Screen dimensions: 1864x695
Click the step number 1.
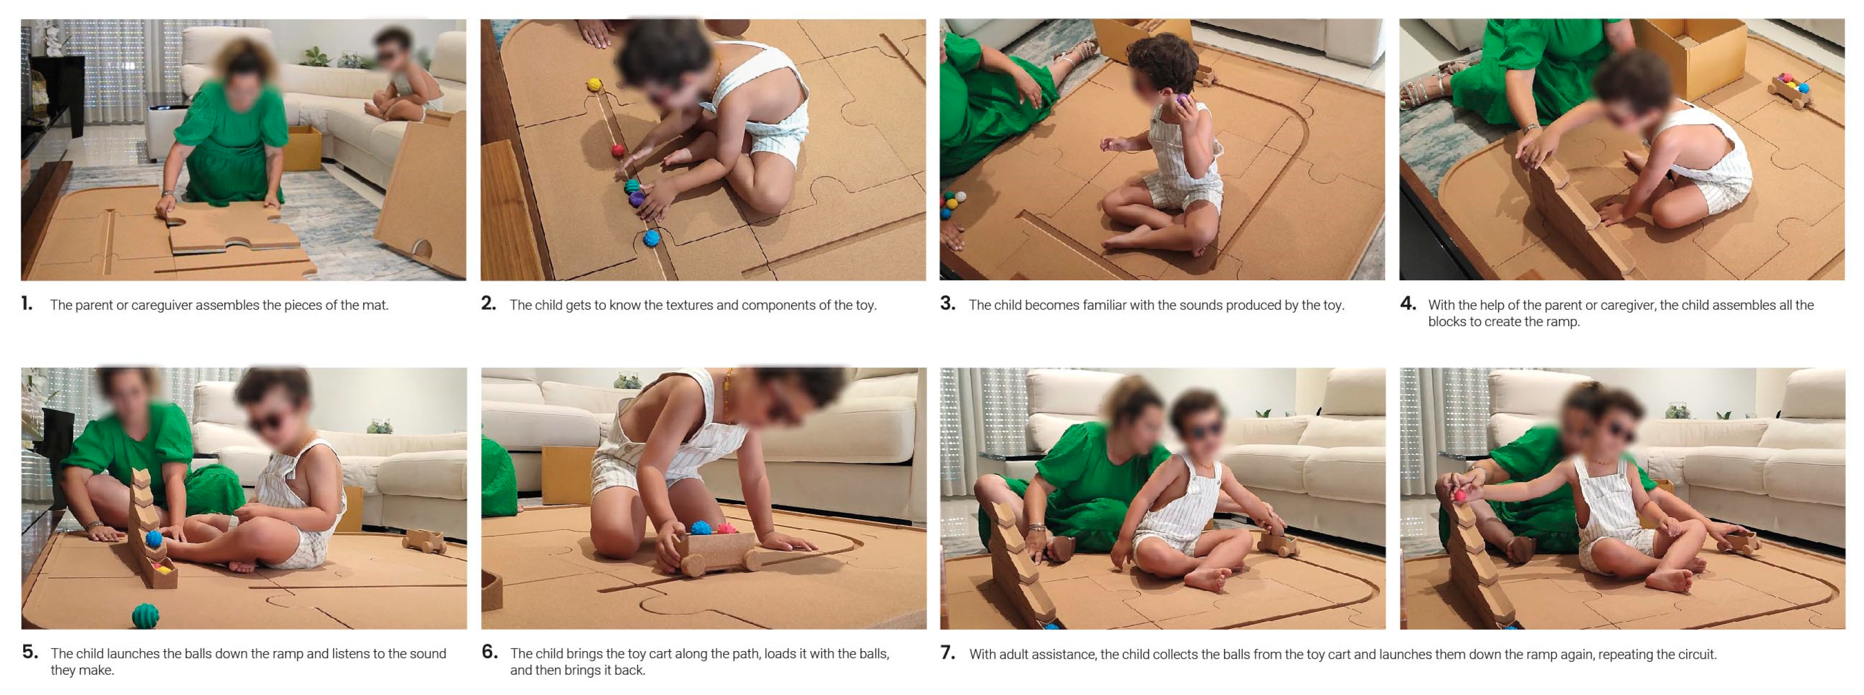27,304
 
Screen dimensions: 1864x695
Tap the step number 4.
1407,304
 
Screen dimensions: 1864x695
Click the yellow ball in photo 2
594,85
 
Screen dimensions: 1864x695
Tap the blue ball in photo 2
651,238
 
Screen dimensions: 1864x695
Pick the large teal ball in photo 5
145,615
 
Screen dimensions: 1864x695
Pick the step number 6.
489,652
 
